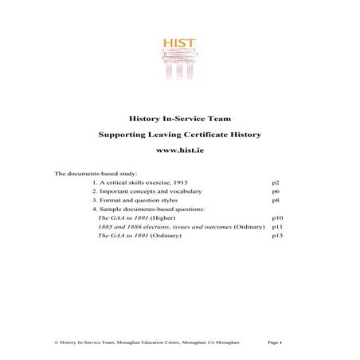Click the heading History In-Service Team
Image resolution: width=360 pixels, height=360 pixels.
[x=180, y=115]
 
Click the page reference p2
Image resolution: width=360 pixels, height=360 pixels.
[x=275, y=182]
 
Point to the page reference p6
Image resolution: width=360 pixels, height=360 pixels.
[x=275, y=192]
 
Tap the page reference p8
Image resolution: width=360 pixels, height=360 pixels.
[x=275, y=201]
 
